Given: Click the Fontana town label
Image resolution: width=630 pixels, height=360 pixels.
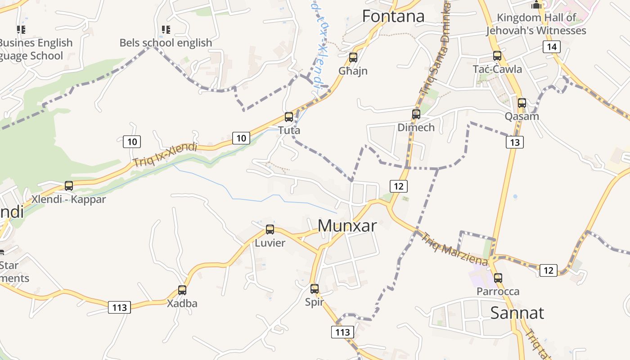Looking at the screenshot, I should pyautogui.click(x=393, y=16).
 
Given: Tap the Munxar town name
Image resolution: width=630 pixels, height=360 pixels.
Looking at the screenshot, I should pyautogui.click(x=347, y=225).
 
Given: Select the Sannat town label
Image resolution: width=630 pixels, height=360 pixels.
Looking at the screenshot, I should pyautogui.click(x=517, y=312).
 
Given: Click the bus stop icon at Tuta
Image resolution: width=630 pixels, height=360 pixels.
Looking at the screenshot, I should pyautogui.click(x=289, y=117).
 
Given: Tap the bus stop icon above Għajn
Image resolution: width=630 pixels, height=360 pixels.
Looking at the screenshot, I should pyautogui.click(x=353, y=58).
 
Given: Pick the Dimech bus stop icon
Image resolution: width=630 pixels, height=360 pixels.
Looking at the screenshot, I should pyautogui.click(x=416, y=114).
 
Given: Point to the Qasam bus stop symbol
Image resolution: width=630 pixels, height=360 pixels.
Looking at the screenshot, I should pyautogui.click(x=522, y=103).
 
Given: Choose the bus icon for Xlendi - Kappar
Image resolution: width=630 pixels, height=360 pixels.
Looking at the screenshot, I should pyautogui.click(x=69, y=185).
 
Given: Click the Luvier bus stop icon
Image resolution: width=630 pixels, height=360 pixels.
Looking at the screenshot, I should pyautogui.click(x=270, y=229).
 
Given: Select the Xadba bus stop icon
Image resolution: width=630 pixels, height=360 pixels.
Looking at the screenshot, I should pyautogui.click(x=182, y=290).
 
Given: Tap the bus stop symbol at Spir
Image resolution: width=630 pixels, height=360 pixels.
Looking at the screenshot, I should pyautogui.click(x=315, y=289).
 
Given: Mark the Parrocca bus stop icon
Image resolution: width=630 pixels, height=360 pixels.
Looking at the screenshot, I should pyautogui.click(x=498, y=278).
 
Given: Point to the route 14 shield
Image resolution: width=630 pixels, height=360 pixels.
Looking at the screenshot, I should pyautogui.click(x=552, y=46).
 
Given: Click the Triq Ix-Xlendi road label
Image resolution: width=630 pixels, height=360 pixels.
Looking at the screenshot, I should pyautogui.click(x=165, y=155).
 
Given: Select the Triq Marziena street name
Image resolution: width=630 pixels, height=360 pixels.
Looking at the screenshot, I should pyautogui.click(x=454, y=249).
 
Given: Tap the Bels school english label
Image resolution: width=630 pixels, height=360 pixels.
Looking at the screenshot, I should pyautogui.click(x=166, y=43).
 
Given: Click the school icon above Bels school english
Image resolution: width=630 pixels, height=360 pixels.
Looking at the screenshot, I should pyautogui.click(x=166, y=30).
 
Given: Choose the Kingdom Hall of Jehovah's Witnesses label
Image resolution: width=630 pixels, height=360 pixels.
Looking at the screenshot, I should pyautogui.click(x=536, y=24).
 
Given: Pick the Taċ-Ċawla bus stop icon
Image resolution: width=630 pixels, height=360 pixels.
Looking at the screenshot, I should pyautogui.click(x=497, y=56).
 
